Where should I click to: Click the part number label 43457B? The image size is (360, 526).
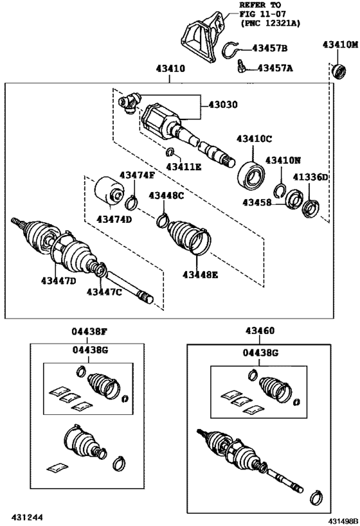tap(269, 48)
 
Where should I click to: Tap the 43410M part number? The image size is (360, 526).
tap(339, 44)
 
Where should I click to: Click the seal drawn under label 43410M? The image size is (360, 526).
tap(336, 69)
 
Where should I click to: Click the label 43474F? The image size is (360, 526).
tap(137, 175)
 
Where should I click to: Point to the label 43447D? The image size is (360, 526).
tap(59, 281)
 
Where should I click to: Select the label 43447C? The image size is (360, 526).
tap(104, 292)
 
